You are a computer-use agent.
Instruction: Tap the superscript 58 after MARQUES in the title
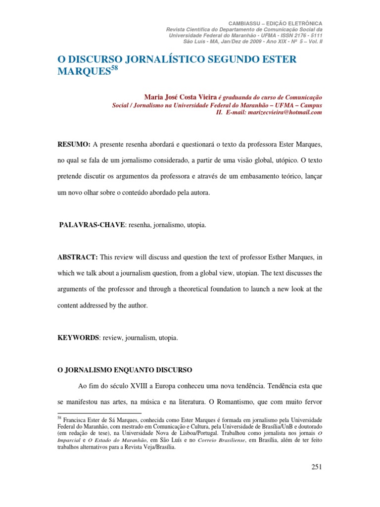pos(114,69)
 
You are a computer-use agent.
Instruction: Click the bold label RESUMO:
pos(74,144)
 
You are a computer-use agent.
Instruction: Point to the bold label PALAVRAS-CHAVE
pos(93,225)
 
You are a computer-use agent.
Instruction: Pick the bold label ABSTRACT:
pos(78,257)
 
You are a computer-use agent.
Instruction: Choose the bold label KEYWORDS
pos(78,338)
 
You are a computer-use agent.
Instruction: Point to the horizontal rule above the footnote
pos(99,412)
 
